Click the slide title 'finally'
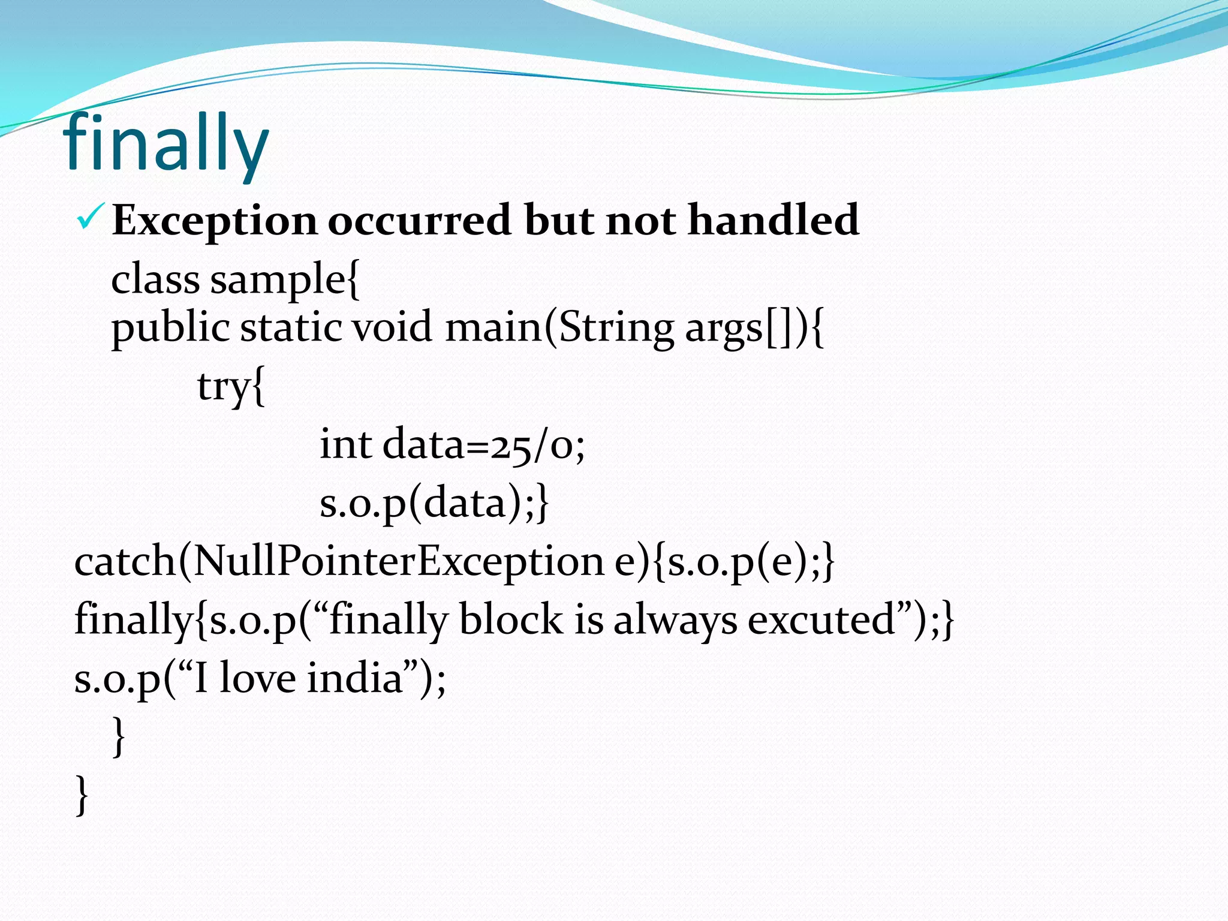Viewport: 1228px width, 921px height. (166, 146)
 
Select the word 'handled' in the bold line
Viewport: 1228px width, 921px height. (773, 219)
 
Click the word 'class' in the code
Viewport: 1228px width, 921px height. (155, 280)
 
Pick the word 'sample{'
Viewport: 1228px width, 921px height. (285, 280)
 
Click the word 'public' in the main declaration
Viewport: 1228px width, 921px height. (170, 329)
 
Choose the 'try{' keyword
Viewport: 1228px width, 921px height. (231, 387)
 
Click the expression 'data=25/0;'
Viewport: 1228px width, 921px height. (483, 446)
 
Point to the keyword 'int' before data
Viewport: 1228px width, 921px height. (345, 445)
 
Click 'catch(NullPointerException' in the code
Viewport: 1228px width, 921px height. (339, 562)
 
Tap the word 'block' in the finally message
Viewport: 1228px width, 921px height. (511, 619)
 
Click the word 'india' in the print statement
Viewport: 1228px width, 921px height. (354, 678)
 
